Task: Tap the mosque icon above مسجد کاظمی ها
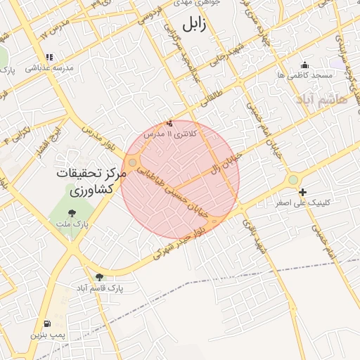(x=304, y=63)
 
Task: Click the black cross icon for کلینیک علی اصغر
(x=302, y=192)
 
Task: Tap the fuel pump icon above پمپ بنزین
(x=46, y=324)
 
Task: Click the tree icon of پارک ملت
(x=71, y=213)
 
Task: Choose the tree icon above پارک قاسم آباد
(x=99, y=277)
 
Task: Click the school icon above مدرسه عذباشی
(x=49, y=58)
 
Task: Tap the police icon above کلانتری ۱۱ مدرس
(x=169, y=123)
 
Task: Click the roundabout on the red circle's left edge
(x=132, y=162)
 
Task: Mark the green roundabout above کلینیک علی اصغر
(x=292, y=181)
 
